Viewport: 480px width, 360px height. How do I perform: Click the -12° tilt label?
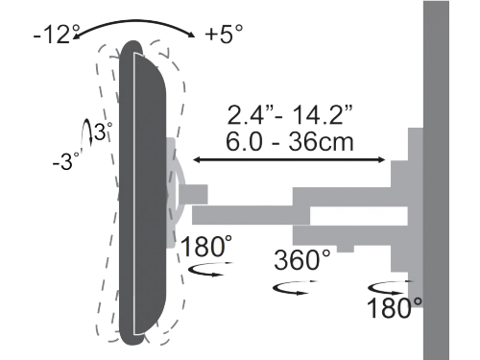pyautogui.click(x=57, y=34)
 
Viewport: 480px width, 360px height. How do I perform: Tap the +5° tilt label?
pyautogui.click(x=224, y=33)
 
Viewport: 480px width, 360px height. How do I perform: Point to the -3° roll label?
pyautogui.click(x=66, y=161)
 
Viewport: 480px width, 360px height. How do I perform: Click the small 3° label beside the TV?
pyautogui.click(x=103, y=131)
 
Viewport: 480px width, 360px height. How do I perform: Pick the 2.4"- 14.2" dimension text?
pyautogui.click(x=290, y=114)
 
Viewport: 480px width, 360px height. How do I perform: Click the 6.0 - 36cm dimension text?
pyautogui.click(x=290, y=141)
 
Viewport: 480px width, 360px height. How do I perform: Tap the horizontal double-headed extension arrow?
pyautogui.click(x=289, y=159)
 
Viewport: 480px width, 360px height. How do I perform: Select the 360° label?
pyautogui.click(x=302, y=259)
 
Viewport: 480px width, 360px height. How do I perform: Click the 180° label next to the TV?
pyautogui.click(x=206, y=246)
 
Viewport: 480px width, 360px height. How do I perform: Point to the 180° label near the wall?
pyautogui.click(x=394, y=307)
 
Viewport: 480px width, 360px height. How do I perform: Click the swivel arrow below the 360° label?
pyautogui.click(x=295, y=287)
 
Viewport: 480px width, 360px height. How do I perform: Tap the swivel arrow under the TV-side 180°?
pyautogui.click(x=210, y=269)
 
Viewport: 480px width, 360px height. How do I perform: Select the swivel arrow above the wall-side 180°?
pyautogui.click(x=390, y=288)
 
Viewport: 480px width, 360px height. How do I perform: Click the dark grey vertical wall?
pyautogui.click(x=436, y=180)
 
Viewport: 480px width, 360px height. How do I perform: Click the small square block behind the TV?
pyautogui.click(x=193, y=194)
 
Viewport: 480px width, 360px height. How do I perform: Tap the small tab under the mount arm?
pyautogui.click(x=346, y=249)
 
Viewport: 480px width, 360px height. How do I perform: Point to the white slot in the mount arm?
pyautogui.click(x=358, y=216)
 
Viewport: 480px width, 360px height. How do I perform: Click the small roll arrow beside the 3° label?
pyautogui.click(x=86, y=133)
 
